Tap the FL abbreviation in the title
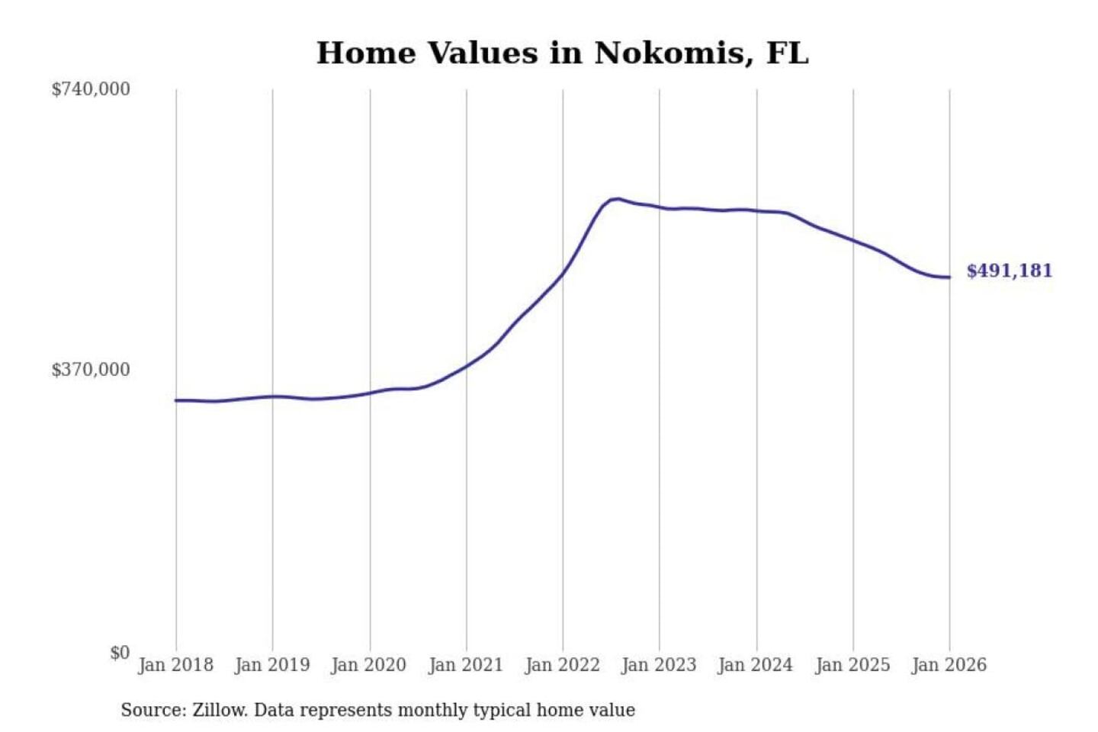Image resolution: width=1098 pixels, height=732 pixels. point(787,53)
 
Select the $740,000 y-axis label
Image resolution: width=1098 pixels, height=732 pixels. point(91,89)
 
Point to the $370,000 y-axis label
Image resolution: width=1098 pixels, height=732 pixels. point(91,370)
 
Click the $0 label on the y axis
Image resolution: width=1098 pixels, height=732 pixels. point(120,653)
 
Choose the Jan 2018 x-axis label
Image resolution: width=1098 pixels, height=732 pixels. point(176,665)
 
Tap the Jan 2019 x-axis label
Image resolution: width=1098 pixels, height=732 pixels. point(272,665)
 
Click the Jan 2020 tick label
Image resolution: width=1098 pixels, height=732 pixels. point(369,665)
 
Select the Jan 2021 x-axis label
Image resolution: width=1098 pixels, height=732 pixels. point(466,665)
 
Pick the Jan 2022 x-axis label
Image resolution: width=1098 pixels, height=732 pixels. point(563,665)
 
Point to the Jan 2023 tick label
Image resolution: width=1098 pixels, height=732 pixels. point(659,665)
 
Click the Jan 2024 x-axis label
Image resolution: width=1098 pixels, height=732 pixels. point(756,665)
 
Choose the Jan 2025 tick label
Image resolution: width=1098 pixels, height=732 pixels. point(852,665)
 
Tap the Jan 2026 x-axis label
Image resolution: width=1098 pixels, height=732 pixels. point(949,665)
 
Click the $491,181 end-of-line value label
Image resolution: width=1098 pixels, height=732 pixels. point(1010,271)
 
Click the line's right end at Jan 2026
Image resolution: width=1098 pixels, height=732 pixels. point(949,278)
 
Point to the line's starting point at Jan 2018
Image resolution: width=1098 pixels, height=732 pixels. point(176,400)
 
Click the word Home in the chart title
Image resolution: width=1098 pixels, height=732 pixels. point(367,53)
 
